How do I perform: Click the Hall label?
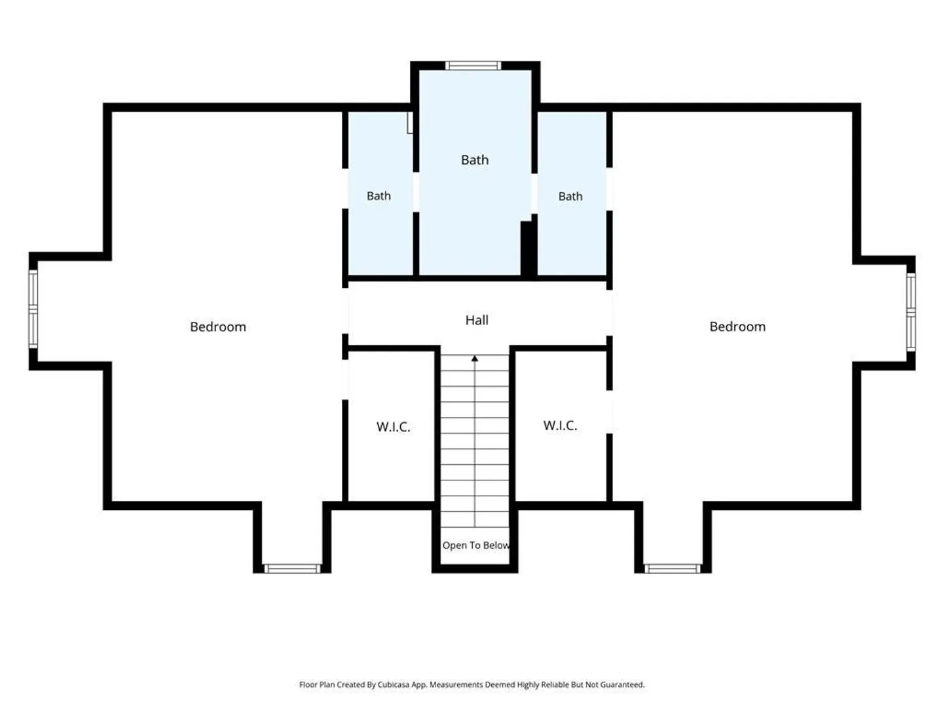[477, 320]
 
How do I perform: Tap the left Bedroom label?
[218, 326]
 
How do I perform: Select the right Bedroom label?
[737, 326]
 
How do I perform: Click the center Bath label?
[474, 160]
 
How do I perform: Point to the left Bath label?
[379, 196]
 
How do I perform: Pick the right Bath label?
[570, 197]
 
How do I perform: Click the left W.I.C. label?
[393, 427]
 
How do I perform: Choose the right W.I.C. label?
[560, 425]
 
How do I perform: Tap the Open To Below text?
[475, 545]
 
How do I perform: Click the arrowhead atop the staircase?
[475, 358]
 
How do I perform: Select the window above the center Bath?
[473, 66]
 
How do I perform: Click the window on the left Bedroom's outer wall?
[33, 309]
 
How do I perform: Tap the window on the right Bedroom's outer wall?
[911, 313]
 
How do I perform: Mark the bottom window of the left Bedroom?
[292, 569]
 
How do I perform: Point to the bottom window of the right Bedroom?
[673, 569]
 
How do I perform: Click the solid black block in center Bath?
[528, 248]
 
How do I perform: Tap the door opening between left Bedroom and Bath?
[345, 189]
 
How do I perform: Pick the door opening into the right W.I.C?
[609, 412]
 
